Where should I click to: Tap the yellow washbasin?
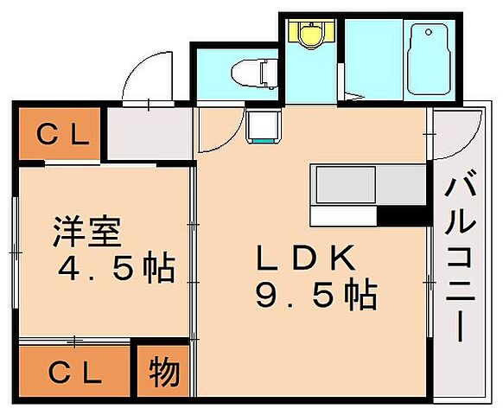point(310,35)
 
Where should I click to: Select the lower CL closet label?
point(73,373)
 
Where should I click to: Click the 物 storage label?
point(164,373)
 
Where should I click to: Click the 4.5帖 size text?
point(116,270)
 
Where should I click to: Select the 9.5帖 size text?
point(315,296)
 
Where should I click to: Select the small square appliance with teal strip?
point(261,128)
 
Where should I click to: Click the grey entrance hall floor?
point(147,134)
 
